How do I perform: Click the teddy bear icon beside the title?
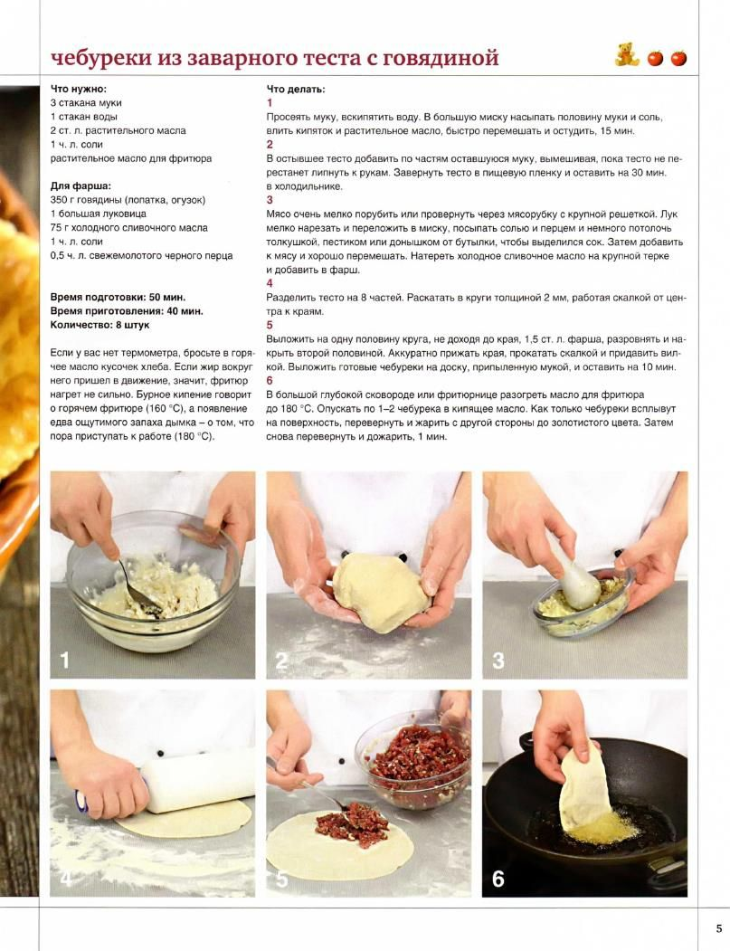(627, 54)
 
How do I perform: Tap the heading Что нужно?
(78, 90)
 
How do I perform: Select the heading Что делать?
(295, 90)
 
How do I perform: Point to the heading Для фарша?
(81, 186)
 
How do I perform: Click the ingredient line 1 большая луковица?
(99, 214)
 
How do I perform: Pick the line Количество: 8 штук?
(100, 325)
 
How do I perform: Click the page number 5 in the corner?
(718, 928)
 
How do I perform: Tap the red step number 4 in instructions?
(270, 283)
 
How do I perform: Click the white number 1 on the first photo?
(64, 661)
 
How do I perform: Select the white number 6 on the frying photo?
(498, 879)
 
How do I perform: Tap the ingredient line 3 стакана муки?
(86, 103)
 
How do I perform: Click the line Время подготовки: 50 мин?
(118, 297)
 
